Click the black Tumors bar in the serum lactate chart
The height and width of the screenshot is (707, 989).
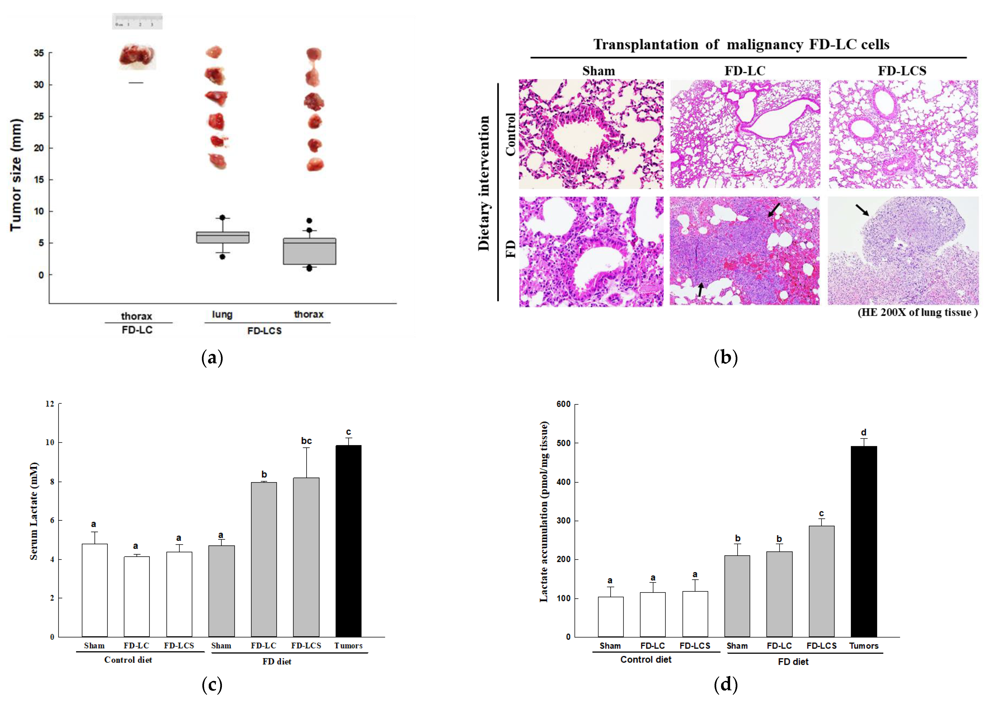[348, 541]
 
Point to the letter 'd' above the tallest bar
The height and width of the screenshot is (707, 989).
[863, 432]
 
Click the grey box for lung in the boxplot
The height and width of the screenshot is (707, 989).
[223, 237]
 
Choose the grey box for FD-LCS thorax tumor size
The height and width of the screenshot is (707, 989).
[309, 251]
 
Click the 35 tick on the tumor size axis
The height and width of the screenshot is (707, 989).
[39, 53]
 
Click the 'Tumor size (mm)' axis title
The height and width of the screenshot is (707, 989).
[16, 175]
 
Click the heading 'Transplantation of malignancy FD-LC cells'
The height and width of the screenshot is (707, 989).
[741, 45]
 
